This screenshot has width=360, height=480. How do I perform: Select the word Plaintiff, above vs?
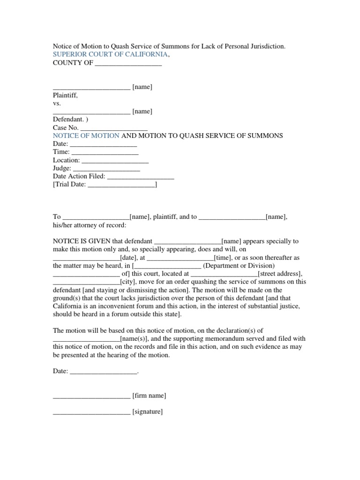tap(65, 95)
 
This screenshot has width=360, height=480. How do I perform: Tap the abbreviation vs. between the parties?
tap(57, 103)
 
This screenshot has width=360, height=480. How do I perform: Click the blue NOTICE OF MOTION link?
tap(86, 135)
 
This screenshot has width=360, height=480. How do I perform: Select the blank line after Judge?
tap(106, 168)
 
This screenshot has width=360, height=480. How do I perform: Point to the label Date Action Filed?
tap(79, 176)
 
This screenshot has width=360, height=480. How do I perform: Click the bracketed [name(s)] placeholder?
tap(135, 338)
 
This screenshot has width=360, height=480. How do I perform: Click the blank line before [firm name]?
tap(91, 396)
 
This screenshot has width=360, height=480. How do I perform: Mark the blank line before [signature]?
tap(91, 412)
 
